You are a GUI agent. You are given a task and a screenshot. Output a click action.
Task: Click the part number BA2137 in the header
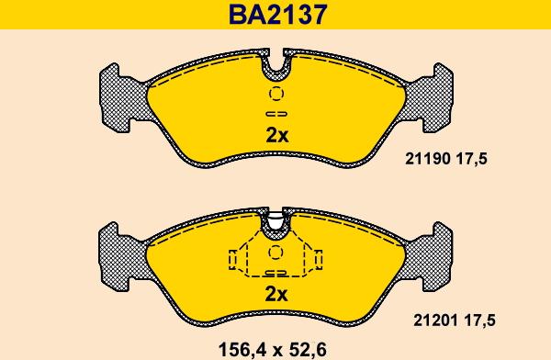point(277,14)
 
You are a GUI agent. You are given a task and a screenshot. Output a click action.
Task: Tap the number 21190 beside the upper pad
point(428,159)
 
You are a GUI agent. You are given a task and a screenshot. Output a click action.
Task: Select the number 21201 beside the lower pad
point(435,321)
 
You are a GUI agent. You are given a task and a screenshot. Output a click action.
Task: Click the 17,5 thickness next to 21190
point(472,159)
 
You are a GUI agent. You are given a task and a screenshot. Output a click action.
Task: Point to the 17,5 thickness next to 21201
point(479,321)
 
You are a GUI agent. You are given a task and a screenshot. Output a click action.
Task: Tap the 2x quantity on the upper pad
point(277,135)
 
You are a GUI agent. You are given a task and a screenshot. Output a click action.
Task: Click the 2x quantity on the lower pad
point(276,295)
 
